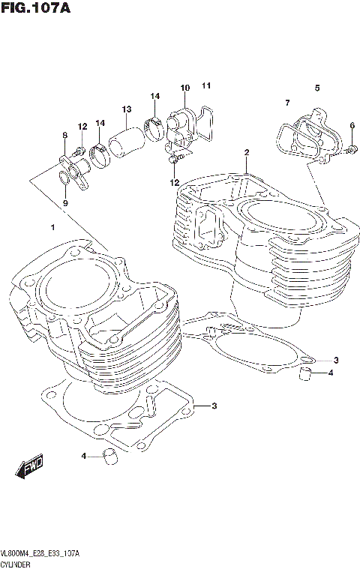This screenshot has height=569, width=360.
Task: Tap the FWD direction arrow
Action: [x=30, y=467]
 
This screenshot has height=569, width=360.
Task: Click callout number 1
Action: [x=52, y=226]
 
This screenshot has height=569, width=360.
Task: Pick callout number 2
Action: [x=246, y=153]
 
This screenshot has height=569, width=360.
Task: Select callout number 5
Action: [x=317, y=88]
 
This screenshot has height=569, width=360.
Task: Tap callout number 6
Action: [x=352, y=125]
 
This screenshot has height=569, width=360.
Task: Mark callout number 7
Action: [x=286, y=103]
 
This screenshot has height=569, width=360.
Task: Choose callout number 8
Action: [x=65, y=135]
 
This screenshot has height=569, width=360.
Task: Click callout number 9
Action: [x=65, y=202]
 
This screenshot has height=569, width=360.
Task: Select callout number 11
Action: [x=206, y=85]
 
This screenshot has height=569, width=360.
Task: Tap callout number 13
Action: [x=127, y=109]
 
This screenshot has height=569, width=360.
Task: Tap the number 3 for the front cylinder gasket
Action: [x=214, y=406]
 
